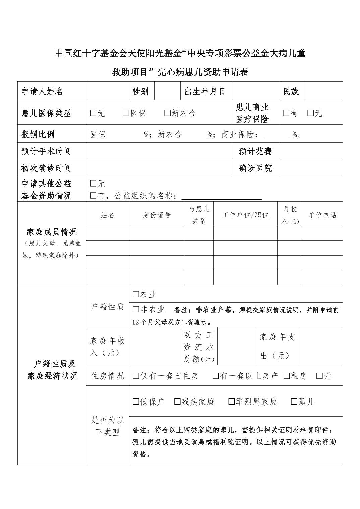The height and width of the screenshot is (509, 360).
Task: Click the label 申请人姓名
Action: coord(42,91)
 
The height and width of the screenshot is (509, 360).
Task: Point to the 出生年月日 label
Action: coord(205,91)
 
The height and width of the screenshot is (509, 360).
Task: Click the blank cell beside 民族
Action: coord(323,91)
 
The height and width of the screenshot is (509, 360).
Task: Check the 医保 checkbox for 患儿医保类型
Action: coord(126,113)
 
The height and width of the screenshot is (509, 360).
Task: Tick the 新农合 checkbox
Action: coord(167,113)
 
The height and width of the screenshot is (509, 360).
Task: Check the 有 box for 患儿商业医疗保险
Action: coord(286,113)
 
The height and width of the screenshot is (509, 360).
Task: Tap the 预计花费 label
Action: coord(255,151)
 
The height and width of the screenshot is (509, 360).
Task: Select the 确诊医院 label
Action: coord(255,168)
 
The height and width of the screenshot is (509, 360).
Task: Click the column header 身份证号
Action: coord(157,215)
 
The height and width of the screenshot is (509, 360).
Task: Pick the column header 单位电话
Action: coord(322,215)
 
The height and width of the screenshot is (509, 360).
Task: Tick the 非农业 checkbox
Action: coord(136,309)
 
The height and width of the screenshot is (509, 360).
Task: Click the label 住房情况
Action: coord(107,376)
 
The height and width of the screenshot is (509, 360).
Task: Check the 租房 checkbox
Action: coord(287,376)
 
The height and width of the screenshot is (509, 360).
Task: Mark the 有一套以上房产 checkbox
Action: coord(216,376)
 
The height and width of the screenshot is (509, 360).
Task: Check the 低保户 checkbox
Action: coord(136,402)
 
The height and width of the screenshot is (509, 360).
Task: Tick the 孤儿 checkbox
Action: coord(294,402)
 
